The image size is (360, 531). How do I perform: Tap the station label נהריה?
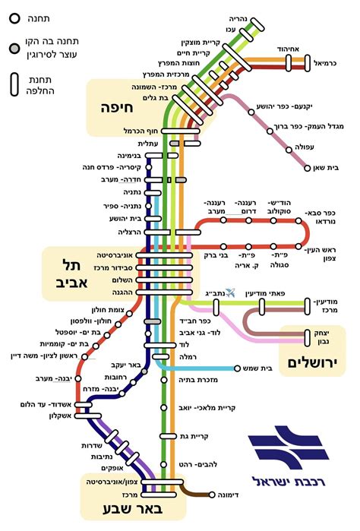point(240,16)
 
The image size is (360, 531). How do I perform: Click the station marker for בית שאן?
point(307,167)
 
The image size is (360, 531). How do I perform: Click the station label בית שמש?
point(234,368)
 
